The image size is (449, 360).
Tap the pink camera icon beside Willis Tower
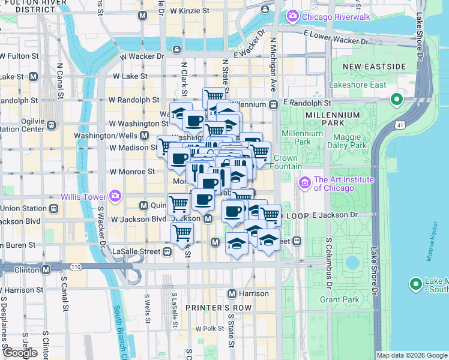click(x=115, y=196)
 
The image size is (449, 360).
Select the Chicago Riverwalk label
click(x=331, y=16)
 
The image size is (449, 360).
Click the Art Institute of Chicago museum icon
click(x=304, y=181)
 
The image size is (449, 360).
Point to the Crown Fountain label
click(x=286, y=162)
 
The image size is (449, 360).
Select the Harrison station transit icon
click(x=232, y=293)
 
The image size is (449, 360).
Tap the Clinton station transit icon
click(x=46, y=270)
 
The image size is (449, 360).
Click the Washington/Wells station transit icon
click(x=144, y=136)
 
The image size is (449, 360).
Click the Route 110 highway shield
click(x=75, y=266)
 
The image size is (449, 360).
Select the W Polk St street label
click(x=209, y=328)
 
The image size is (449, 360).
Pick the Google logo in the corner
click(x=20, y=353)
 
